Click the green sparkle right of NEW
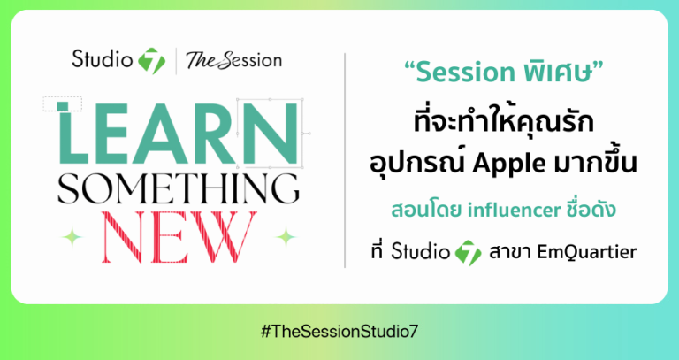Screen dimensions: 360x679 (x=285, y=236)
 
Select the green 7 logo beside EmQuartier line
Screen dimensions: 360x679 (x=467, y=254)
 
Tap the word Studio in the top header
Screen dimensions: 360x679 (x=102, y=61)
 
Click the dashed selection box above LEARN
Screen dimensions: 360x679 (x=62, y=103)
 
